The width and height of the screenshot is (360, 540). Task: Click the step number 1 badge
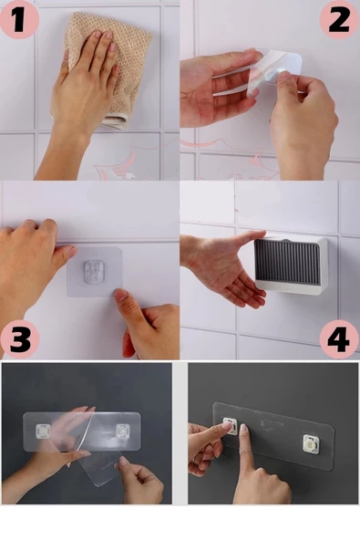18,19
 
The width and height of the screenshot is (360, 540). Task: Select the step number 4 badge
338,339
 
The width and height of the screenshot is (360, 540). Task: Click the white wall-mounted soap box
289,264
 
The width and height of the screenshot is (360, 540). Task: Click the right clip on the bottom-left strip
122,431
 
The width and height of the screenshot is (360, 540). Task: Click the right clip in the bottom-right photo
311,442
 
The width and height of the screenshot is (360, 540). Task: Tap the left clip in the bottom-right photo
231,426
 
